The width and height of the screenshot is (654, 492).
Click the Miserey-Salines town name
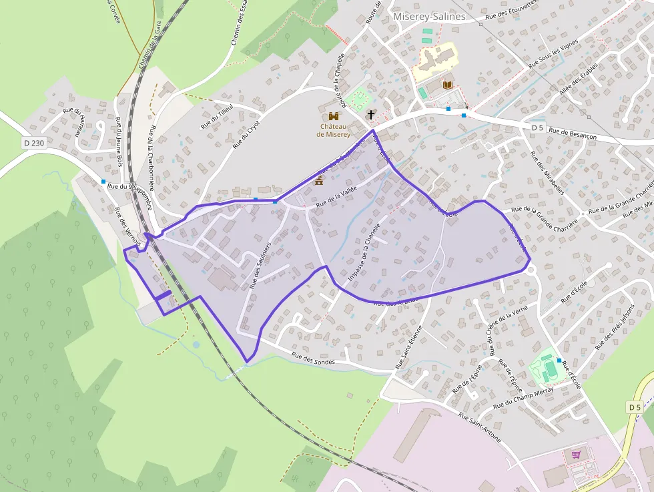[x=429, y=17]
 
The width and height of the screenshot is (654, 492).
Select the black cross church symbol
[x=371, y=115]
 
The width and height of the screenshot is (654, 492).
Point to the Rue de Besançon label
[x=573, y=132]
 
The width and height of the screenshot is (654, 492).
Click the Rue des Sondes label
[x=313, y=358]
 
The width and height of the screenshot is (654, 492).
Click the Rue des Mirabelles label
[x=547, y=172]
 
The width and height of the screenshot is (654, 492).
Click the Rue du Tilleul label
[x=217, y=116]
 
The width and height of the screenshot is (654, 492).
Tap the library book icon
[x=448, y=85]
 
